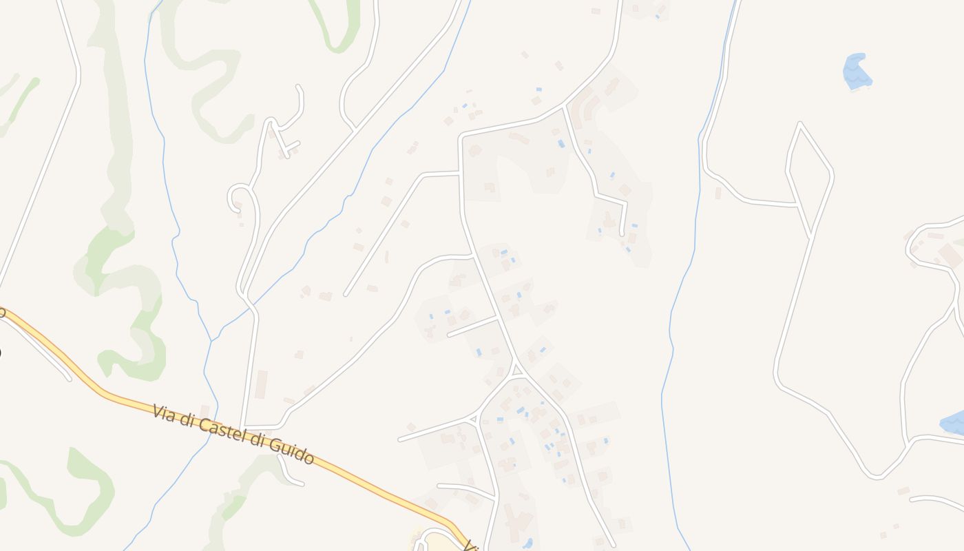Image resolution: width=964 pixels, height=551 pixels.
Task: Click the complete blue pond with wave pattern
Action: [x=857, y=72]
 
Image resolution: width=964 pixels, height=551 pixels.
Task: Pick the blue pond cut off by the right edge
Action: [x=954, y=423]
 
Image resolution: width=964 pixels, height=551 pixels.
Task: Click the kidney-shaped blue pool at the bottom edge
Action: [x=527, y=543]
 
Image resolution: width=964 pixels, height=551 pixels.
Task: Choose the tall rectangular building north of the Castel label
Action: [x=261, y=384]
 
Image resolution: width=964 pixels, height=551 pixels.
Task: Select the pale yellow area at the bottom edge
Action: [x=441, y=544]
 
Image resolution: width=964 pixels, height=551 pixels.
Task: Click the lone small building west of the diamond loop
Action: [x=717, y=193]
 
